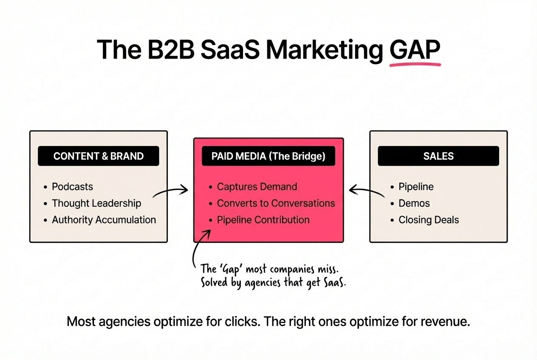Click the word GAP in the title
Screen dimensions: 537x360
(415, 50)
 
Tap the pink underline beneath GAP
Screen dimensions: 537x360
(415, 65)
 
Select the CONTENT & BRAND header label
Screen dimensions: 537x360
(98, 156)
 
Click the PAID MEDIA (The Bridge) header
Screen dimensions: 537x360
(268, 156)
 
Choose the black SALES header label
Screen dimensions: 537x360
(438, 156)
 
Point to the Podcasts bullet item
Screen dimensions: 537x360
(72, 187)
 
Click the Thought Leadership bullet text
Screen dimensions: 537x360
(96, 203)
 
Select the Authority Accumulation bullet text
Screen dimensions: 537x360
(104, 220)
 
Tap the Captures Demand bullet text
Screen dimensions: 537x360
(257, 187)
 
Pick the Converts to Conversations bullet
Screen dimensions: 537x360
(276, 203)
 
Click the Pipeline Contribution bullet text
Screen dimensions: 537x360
(263, 220)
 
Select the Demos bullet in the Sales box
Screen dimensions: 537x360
(414, 203)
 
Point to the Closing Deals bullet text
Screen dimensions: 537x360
(429, 220)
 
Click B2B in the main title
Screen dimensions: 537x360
(171, 50)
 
